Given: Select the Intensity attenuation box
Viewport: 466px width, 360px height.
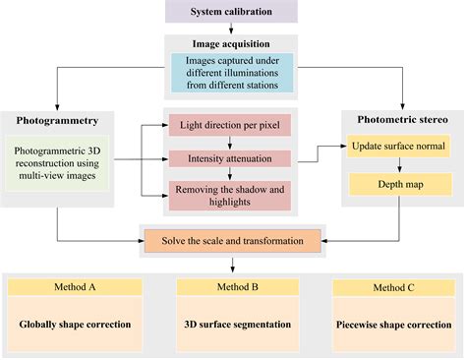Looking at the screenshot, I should (x=230, y=157).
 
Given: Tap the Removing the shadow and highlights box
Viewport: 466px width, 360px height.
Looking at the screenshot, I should (x=230, y=192).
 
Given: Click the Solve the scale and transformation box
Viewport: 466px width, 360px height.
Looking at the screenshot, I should (x=232, y=240).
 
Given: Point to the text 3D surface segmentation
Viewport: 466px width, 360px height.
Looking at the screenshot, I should (x=232, y=324).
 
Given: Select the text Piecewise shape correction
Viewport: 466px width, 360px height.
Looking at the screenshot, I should (x=395, y=324).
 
